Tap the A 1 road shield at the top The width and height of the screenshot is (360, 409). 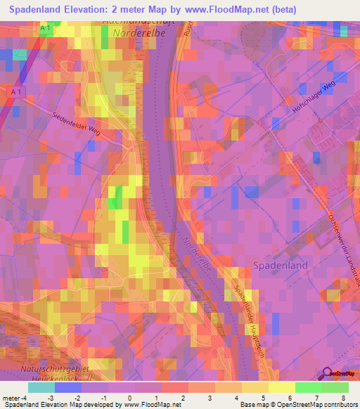pyautogui.click(x=46, y=27)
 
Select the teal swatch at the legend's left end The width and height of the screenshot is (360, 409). pyautogui.click(x=41, y=387)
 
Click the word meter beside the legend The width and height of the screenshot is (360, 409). pyautogui.click(x=9, y=398)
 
